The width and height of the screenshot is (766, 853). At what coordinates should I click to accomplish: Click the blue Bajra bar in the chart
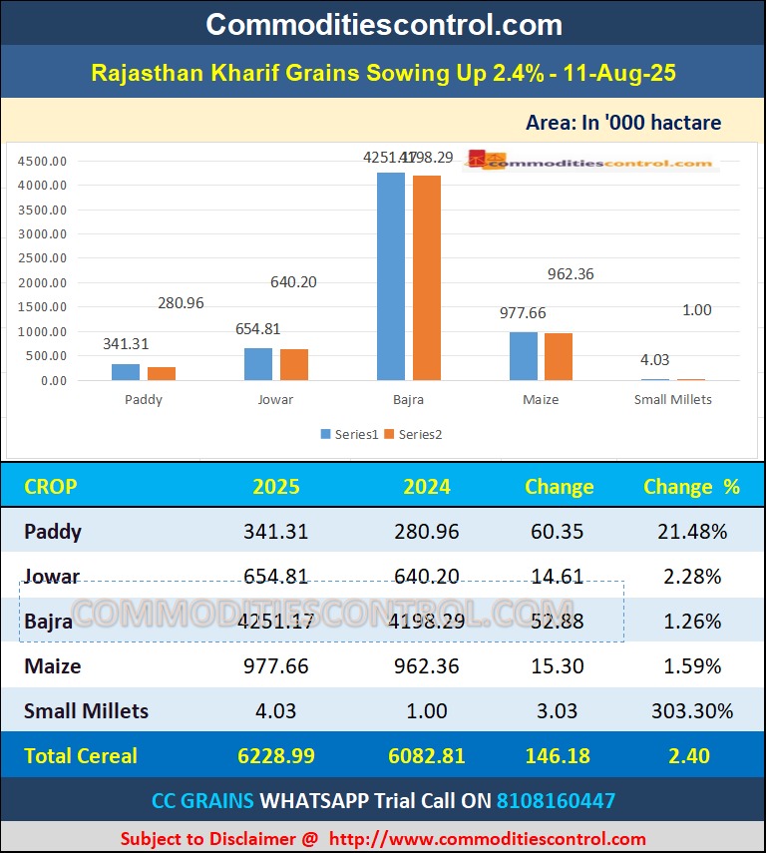391,276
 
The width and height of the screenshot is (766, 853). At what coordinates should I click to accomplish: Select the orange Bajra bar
427,278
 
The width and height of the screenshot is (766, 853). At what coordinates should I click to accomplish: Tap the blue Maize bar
524,356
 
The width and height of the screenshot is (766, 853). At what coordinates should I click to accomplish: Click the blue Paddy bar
126,372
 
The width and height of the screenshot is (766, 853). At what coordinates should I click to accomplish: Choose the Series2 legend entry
414,434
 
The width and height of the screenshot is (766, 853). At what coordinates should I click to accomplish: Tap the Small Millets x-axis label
673,399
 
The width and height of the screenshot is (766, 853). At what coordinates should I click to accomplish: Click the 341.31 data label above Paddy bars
126,344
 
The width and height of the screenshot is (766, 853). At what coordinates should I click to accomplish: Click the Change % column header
691,487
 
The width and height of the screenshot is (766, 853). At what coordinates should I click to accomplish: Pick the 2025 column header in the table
276,487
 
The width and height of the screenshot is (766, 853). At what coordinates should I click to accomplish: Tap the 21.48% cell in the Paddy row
691,532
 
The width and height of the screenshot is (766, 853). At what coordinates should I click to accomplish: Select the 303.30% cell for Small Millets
691,711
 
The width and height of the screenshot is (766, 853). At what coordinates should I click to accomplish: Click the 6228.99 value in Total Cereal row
276,756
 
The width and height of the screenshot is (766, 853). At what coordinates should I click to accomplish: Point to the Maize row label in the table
53,666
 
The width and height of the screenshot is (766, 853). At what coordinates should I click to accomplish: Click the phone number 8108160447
557,800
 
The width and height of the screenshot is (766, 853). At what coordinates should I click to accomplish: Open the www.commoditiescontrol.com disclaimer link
488,839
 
